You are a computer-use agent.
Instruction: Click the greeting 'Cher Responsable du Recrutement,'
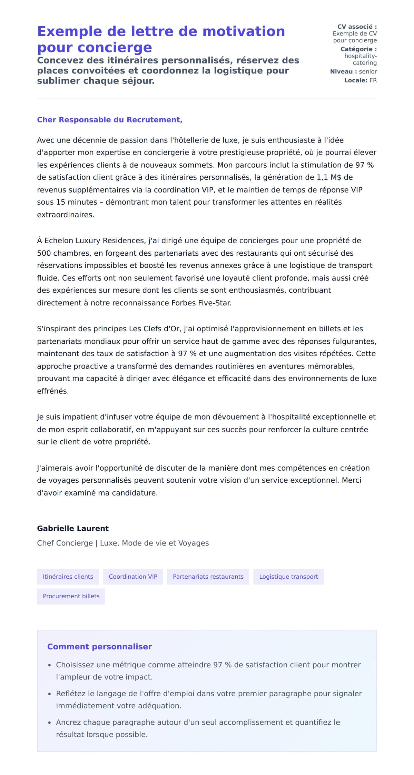tap(110, 120)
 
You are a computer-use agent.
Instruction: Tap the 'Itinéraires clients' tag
tap(68, 577)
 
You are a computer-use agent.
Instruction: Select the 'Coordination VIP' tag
tap(133, 577)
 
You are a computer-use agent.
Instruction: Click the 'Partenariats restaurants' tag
tap(208, 577)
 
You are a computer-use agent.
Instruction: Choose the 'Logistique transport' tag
tap(288, 577)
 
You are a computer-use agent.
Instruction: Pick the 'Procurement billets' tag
tap(71, 596)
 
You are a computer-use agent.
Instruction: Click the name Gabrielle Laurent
tap(73, 528)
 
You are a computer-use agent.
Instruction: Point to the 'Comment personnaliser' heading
tap(99, 647)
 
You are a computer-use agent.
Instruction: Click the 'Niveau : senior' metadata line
tap(353, 71)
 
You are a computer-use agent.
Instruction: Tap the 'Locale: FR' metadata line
tap(360, 80)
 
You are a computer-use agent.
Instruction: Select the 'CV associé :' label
tap(357, 27)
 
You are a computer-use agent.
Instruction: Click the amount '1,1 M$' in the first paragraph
tap(329, 177)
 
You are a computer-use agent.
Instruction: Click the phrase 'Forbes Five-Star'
tap(201, 303)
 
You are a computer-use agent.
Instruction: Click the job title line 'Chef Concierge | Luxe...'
tap(123, 543)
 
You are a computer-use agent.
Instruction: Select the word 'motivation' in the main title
tap(244, 31)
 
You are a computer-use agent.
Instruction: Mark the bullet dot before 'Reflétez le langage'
tap(50, 694)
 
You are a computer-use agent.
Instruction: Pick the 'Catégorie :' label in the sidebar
tap(358, 49)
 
